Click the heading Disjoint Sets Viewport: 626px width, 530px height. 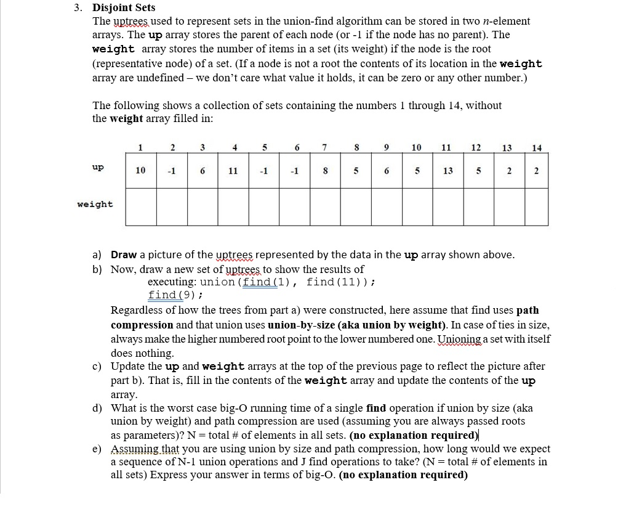pyautogui.click(x=124, y=8)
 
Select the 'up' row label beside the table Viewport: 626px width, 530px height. pyautogui.click(x=97, y=167)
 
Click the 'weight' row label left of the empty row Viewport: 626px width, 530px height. pyautogui.click(x=95, y=204)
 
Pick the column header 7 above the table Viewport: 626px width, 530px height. pyautogui.click(x=324, y=147)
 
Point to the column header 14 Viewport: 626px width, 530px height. pyautogui.click(x=536, y=147)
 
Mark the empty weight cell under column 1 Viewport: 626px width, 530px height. pyautogui.click(x=141, y=206)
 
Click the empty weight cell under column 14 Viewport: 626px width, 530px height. pyautogui.click(x=533, y=206)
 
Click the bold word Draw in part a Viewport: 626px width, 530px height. pyautogui.click(x=124, y=255)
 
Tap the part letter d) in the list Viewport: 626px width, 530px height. pyautogui.click(x=97, y=408)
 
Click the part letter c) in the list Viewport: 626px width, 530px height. pyautogui.click(x=97, y=367)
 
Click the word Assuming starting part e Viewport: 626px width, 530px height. pyautogui.click(x=133, y=449)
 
